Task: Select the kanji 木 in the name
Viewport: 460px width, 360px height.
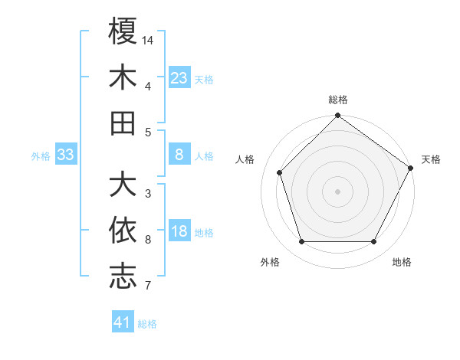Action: [123, 77]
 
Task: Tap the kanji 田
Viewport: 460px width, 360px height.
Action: [123, 123]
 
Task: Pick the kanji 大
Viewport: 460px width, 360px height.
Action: [123, 185]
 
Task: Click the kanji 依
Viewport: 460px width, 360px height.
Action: [123, 231]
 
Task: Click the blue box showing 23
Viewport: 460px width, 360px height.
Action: [179, 77]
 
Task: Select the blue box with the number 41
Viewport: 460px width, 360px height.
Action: [123, 322]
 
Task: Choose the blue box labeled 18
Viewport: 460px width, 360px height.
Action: [179, 232]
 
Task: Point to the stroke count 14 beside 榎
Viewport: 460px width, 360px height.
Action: [149, 39]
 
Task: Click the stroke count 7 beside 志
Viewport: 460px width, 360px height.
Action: [147, 286]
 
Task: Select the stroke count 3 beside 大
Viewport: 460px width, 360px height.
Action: [147, 194]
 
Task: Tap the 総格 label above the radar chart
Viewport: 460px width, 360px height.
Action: [338, 100]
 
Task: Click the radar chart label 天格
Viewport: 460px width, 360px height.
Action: [431, 159]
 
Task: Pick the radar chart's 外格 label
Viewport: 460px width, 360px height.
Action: [270, 262]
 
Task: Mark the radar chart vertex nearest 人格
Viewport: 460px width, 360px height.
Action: [280, 172]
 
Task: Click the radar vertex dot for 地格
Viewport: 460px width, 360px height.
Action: [374, 242]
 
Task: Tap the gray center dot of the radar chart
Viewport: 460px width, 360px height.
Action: [337, 191]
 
